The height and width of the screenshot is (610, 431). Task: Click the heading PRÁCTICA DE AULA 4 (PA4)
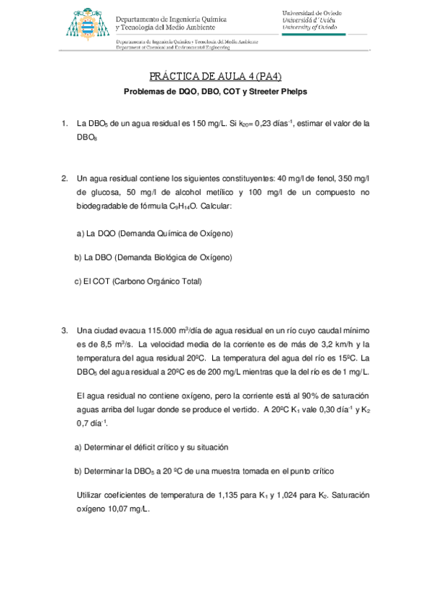[x=215, y=76]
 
